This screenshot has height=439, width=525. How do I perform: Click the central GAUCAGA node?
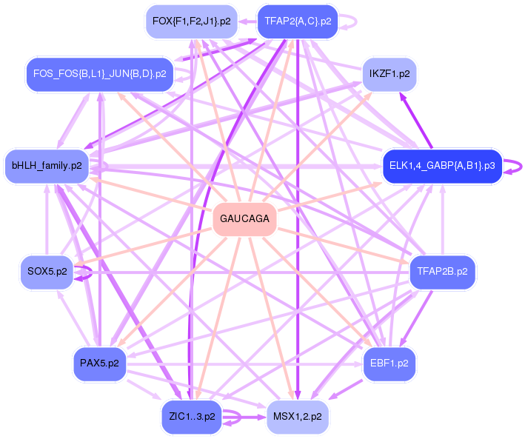tap(245, 219)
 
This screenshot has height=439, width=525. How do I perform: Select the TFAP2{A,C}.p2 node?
tap(298, 21)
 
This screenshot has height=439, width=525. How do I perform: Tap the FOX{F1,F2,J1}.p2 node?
tap(192, 21)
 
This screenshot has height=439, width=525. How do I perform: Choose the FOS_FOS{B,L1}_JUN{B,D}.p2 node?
tap(100, 74)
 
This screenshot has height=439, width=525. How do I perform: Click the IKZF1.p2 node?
tap(389, 74)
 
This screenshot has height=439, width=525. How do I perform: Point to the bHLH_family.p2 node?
tap(47, 166)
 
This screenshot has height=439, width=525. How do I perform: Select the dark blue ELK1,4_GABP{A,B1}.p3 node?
tap(442, 166)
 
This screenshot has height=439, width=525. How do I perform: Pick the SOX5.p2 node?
tap(47, 272)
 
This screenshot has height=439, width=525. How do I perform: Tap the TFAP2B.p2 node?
tap(442, 272)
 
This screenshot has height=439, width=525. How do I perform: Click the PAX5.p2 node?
tap(100, 363)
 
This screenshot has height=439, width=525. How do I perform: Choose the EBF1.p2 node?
tap(389, 363)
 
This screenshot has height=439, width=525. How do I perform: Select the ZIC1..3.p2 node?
tap(192, 417)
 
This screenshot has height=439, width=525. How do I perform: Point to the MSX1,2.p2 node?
tap(298, 417)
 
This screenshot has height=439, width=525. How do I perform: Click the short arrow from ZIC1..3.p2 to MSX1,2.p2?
tap(244, 418)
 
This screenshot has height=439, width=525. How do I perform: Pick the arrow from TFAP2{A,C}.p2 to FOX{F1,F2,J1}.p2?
tap(247, 21)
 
